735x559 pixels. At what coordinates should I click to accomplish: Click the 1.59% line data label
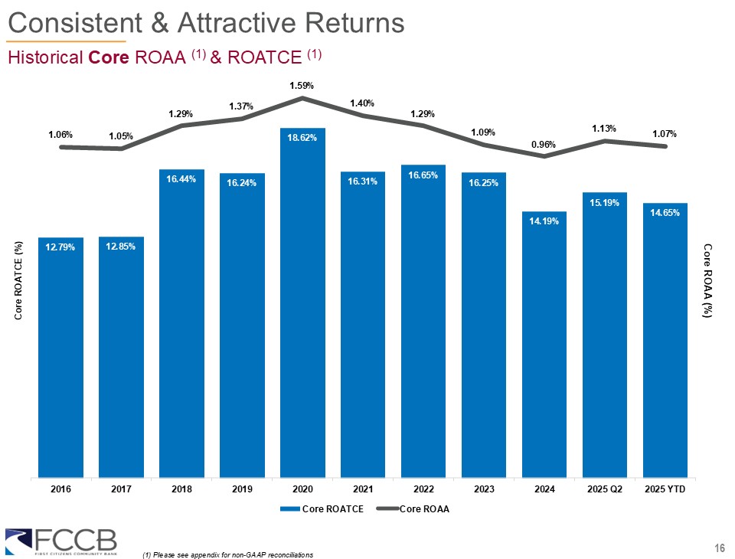(302, 86)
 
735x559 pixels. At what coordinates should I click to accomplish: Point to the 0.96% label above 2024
(544, 144)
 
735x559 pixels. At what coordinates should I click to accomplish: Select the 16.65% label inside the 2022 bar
(423, 175)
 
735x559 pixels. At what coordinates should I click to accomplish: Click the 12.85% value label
(121, 245)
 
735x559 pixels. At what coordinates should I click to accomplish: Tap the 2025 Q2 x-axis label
(605, 489)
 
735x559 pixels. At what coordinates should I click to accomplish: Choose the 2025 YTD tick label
(665, 489)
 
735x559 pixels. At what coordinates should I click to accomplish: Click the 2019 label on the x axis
(242, 489)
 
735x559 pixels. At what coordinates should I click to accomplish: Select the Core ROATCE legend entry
(322, 508)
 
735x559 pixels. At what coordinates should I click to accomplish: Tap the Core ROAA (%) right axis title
(708, 279)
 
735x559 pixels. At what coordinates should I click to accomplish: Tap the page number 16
(718, 547)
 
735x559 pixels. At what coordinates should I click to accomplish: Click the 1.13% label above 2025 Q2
(605, 129)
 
